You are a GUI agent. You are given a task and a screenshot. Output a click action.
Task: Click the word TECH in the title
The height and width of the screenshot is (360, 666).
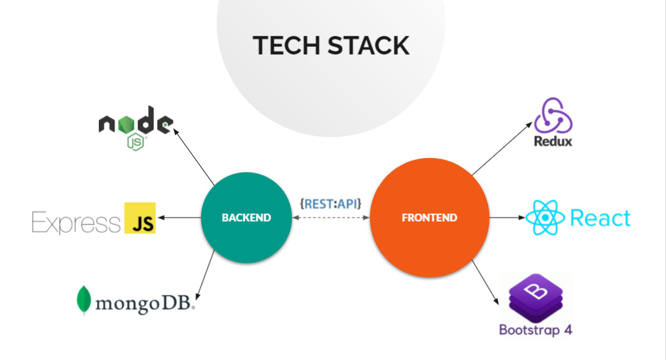coord(286,45)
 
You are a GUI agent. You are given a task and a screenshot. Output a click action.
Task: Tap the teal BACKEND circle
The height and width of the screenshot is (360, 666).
coord(246,217)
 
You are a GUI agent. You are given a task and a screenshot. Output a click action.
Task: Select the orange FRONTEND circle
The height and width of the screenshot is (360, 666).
coord(429,217)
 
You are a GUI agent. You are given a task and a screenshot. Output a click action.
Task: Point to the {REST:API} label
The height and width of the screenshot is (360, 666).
coord(330,204)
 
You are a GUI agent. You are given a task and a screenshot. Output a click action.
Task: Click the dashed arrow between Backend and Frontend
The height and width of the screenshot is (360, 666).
coord(331,218)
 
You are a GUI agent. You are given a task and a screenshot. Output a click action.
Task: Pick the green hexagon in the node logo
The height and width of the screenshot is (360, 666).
coord(126,124)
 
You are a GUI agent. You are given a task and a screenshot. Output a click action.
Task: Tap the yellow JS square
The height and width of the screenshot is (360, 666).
coord(140,218)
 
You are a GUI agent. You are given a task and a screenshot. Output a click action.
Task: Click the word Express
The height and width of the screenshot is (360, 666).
coord(76,222)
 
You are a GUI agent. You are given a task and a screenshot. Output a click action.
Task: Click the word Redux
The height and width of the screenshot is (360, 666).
coord(553,141)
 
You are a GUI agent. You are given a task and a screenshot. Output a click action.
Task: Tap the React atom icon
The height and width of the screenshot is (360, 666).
coord(545,218)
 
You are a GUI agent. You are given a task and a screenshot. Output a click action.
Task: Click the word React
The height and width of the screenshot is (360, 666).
coord(600,218)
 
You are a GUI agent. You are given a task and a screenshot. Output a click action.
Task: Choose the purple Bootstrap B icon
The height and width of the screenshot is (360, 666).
coord(536,297)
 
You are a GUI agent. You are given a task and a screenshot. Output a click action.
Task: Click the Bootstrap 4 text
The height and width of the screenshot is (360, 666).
coord(536,330)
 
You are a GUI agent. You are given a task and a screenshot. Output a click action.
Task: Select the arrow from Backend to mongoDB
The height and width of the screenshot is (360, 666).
coord(205,275)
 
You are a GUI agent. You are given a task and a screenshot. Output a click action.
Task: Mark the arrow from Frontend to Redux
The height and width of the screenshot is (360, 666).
coord(502,148)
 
